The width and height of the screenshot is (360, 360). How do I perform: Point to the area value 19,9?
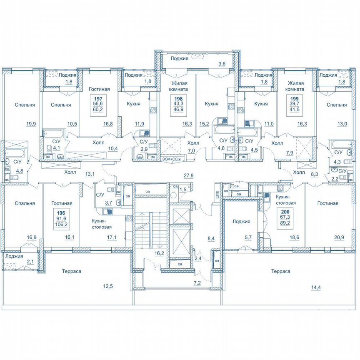click(x=30, y=123)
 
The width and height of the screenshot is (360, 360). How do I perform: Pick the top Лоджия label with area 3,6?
click(x=180, y=59)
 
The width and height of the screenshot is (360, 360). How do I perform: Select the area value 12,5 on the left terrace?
click(x=108, y=286)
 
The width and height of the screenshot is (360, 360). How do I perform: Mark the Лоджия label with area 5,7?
click(x=241, y=222)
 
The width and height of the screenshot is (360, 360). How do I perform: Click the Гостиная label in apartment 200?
click(x=327, y=203)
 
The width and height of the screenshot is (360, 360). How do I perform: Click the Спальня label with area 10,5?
click(x=61, y=105)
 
